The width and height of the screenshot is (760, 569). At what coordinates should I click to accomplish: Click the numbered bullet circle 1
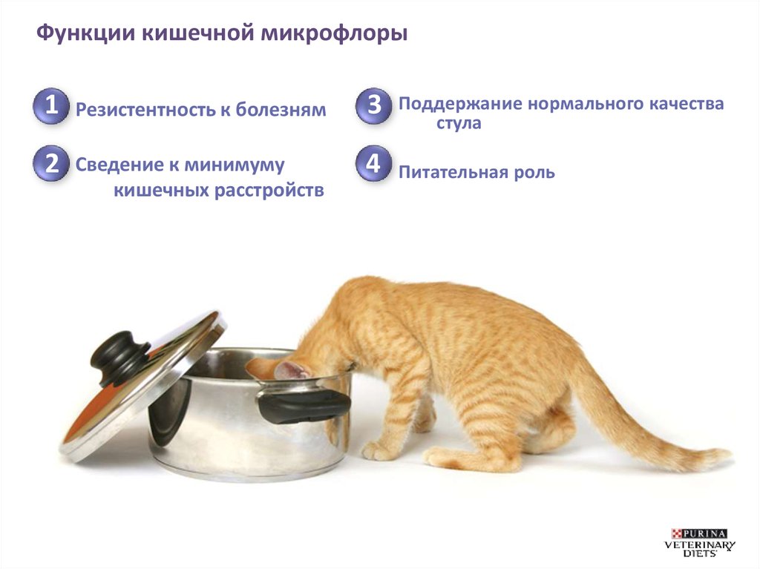[x=51, y=105]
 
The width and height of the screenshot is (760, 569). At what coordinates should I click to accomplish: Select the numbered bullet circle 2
[x=51, y=163]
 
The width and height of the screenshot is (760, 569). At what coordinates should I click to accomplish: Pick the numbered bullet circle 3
[x=373, y=105]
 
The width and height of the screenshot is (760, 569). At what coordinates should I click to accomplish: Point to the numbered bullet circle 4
[x=373, y=163]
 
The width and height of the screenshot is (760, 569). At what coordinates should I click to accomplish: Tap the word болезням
[x=281, y=110]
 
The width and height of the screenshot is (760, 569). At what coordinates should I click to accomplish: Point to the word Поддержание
[x=460, y=104]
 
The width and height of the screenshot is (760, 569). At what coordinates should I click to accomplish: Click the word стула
[x=459, y=123]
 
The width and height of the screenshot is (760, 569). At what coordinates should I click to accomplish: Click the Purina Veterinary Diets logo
[x=699, y=543]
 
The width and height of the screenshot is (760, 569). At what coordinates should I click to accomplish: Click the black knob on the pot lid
[x=121, y=356]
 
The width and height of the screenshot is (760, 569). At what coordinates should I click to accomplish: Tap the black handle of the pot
[x=304, y=405]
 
